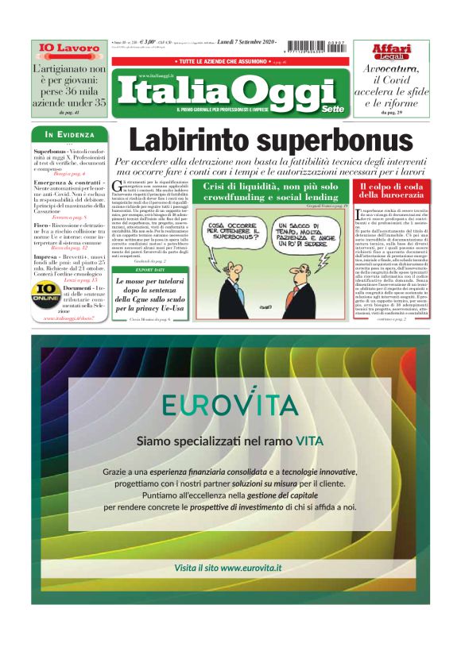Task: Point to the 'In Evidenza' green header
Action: (70, 134)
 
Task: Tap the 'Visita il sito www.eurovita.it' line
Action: (229, 568)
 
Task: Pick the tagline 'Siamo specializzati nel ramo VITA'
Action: (230, 440)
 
